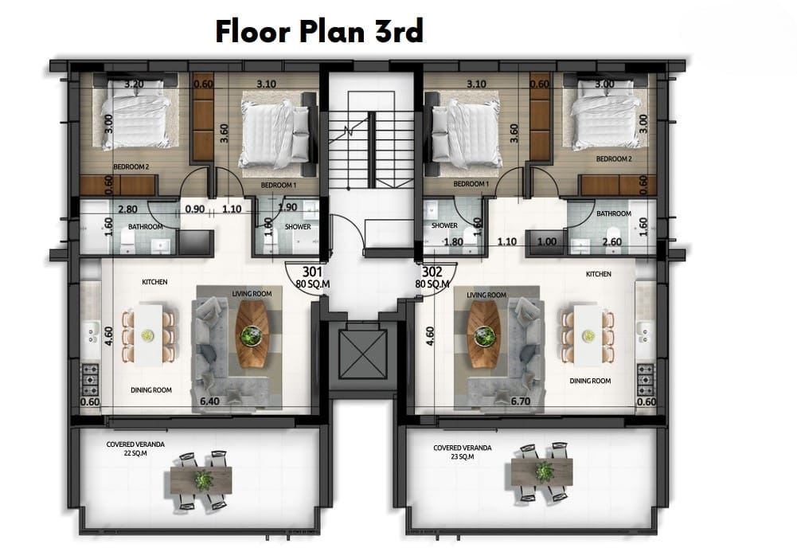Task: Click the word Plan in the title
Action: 331,33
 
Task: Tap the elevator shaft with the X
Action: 362,354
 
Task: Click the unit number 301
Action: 312,272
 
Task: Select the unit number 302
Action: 432,272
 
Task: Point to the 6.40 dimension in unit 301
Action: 209,401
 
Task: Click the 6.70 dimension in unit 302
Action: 521,401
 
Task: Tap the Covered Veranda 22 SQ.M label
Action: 135,448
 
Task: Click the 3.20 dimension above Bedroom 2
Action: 134,84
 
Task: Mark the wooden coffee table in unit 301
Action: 252,334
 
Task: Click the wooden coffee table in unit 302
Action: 484,334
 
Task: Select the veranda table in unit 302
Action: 542,472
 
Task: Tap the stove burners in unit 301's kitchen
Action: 91,378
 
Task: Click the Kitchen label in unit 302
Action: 598,274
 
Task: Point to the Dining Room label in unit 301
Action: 151,390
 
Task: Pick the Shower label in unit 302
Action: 444,225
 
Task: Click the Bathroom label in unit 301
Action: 146,227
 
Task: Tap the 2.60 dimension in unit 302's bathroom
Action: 612,242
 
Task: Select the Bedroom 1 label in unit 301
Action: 278,186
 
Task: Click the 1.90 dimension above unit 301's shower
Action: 287,207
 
